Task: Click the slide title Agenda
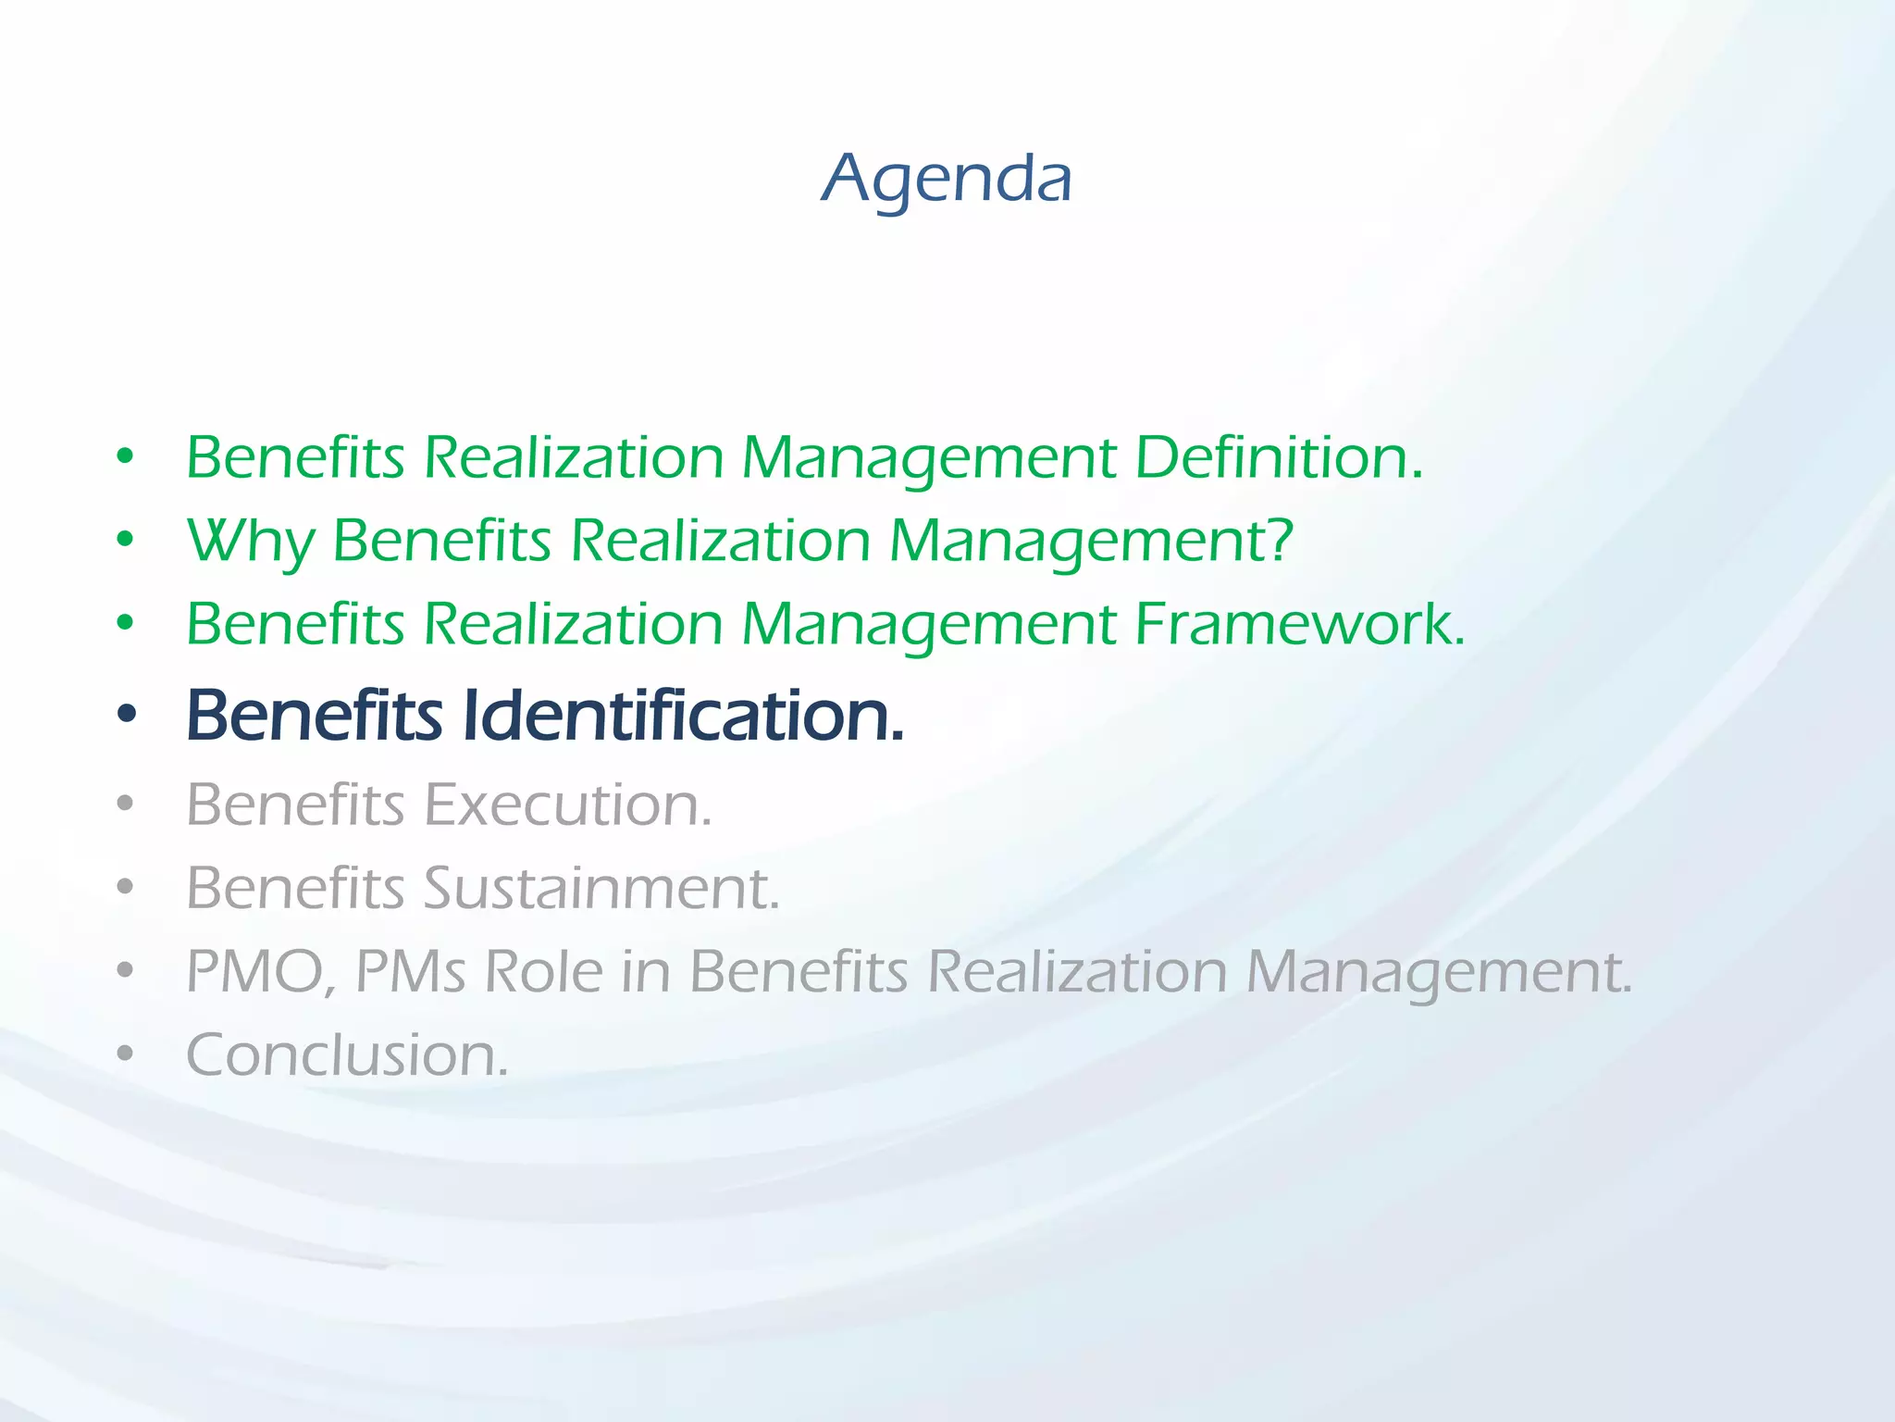(947, 178)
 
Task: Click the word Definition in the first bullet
(1278, 457)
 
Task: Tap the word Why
(251, 541)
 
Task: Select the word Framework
(1299, 624)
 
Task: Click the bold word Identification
(682, 716)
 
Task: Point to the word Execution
(568, 805)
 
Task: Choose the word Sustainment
(601, 888)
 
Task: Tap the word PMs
(411, 972)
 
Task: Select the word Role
(543, 972)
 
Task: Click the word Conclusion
(347, 1055)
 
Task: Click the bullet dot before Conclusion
(126, 1054)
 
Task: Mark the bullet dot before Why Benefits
(126, 540)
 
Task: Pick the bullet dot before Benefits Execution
(126, 804)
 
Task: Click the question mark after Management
(1280, 539)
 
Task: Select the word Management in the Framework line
(929, 626)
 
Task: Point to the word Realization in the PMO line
(1076, 972)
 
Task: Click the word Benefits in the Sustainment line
(295, 888)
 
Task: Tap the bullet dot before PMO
(126, 971)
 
